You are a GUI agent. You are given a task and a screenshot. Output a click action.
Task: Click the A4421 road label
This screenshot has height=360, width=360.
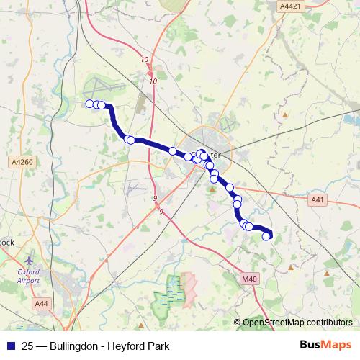(290, 5)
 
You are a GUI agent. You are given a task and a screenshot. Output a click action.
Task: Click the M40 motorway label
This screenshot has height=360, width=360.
(249, 279)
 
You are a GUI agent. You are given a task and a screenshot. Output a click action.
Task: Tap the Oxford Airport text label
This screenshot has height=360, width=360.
(28, 276)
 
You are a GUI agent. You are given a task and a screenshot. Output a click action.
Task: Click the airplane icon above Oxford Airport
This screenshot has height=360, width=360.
(28, 261)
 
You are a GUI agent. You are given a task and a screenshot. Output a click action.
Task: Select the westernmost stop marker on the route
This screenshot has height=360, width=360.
(90, 104)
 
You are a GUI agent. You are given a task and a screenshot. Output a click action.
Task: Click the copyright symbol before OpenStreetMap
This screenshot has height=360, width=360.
(237, 323)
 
